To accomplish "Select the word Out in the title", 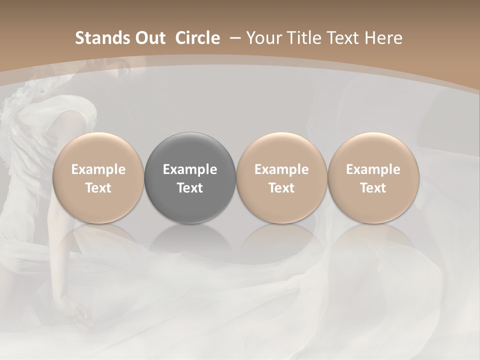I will pos(149,38).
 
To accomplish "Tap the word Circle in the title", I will pos(197,38).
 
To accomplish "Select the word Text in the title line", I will pos(341,38).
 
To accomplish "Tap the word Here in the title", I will pos(383,38).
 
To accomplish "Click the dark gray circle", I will pos(190,177).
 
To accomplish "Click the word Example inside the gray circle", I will pos(190,169).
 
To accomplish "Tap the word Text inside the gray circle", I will pos(190,188).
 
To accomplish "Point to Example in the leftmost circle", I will pos(98,169).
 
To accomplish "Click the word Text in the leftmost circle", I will pos(98,188).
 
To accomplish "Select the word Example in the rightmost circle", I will pos(373,169).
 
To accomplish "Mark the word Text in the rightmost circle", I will pos(373,188).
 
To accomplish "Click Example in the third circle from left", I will pos(281,169).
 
